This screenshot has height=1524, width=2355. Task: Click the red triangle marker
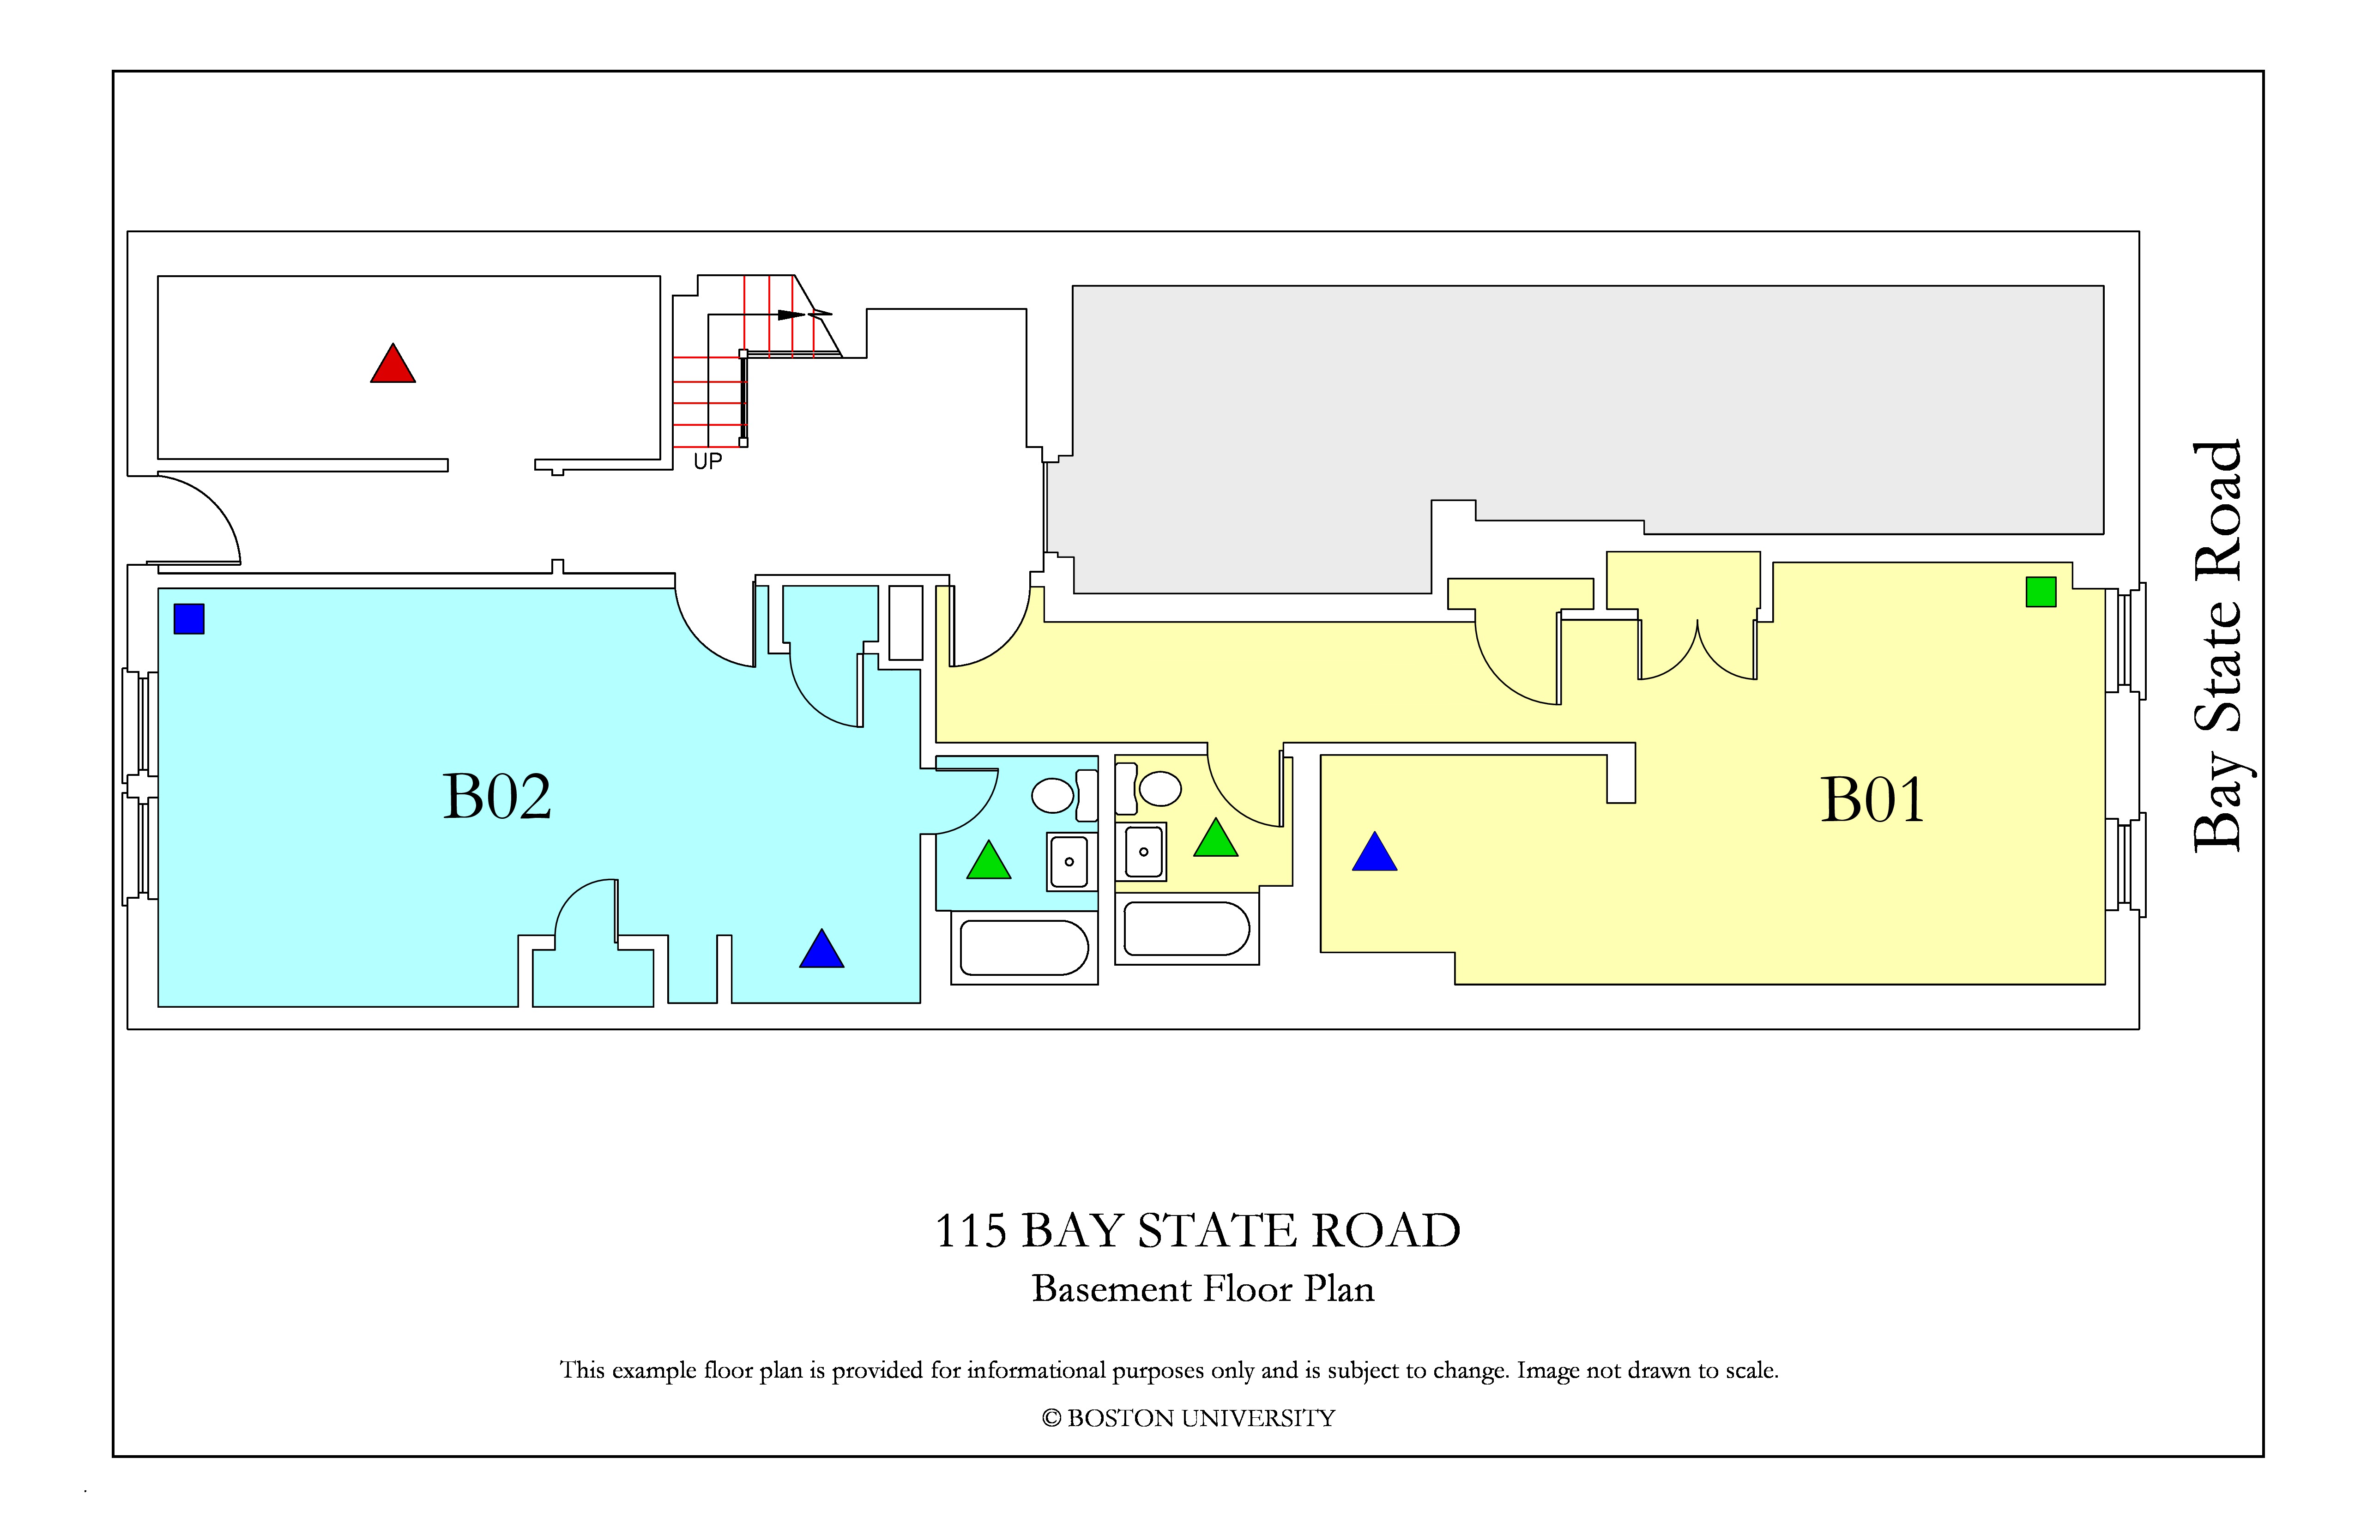tap(393, 364)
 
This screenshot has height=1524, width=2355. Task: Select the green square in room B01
tap(2041, 592)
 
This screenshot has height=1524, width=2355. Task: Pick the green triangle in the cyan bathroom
tap(989, 861)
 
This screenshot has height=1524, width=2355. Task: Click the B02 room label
tap(497, 797)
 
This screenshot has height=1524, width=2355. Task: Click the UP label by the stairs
tap(707, 461)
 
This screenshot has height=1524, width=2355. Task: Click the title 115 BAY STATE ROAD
tap(1197, 1231)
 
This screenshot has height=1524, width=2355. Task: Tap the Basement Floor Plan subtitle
tap(1203, 1288)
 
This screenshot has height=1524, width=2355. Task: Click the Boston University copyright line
tap(1189, 1418)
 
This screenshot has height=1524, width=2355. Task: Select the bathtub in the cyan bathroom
tap(1024, 948)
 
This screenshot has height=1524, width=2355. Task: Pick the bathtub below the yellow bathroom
tap(1186, 928)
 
